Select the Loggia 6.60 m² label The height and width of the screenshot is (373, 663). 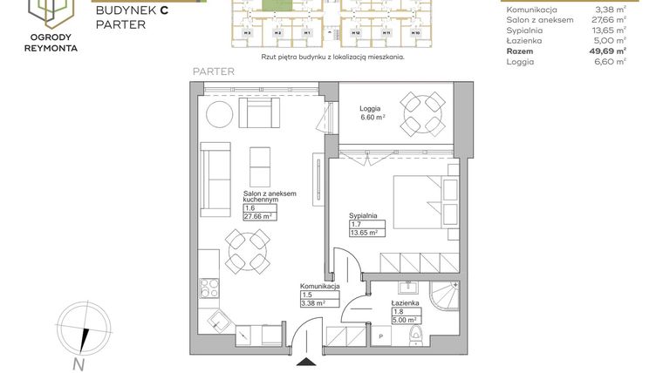pyautogui.click(x=373, y=113)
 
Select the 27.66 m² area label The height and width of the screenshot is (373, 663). pyautogui.click(x=260, y=216)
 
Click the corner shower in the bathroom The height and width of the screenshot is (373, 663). pyautogui.click(x=446, y=307)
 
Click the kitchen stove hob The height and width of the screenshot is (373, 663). pyautogui.click(x=210, y=288)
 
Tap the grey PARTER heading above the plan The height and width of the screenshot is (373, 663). pyautogui.click(x=213, y=71)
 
